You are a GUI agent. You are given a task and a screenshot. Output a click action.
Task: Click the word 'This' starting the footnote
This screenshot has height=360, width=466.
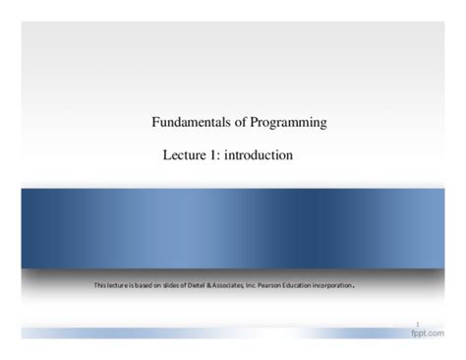pos(100,286)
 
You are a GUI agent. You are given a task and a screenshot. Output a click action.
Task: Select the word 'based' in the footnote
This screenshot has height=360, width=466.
pos(141,286)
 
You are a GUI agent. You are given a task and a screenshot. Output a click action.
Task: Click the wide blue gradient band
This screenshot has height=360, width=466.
pos(233,226)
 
